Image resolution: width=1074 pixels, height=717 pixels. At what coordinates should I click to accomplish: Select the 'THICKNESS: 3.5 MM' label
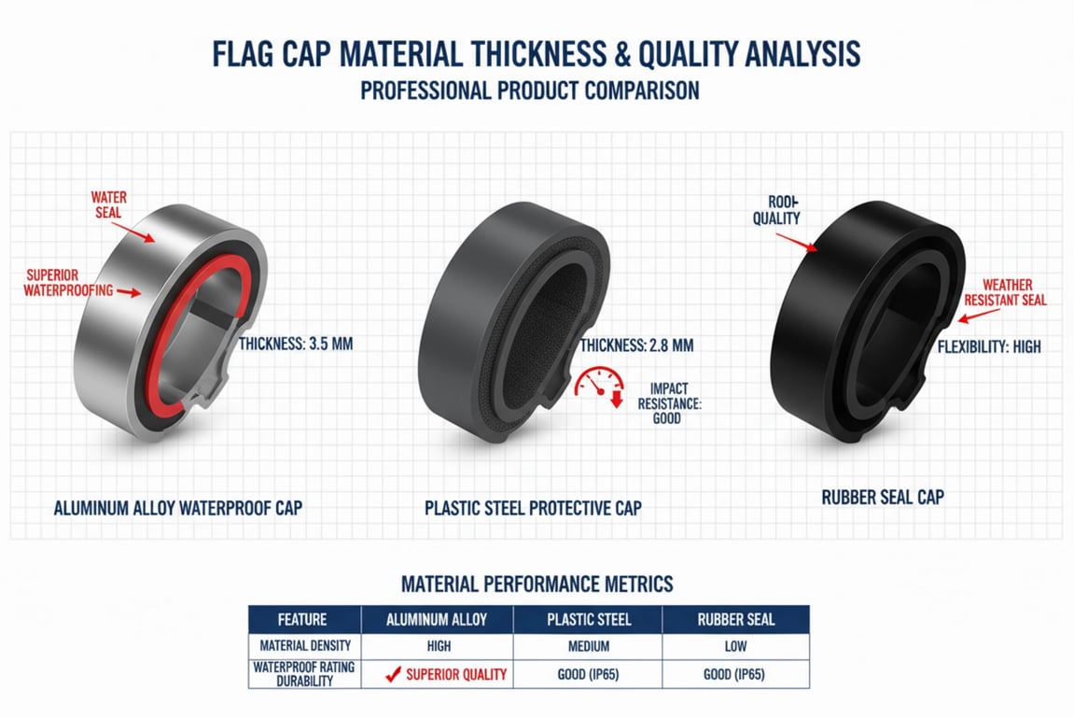297,344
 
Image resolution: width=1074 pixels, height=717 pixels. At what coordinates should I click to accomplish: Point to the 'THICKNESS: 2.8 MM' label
636,345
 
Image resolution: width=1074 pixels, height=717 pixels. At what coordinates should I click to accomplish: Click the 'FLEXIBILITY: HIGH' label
989,347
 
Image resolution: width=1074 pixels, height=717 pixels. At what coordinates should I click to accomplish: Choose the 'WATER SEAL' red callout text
108,205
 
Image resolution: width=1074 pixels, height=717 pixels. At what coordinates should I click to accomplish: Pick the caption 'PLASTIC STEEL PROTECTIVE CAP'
533,509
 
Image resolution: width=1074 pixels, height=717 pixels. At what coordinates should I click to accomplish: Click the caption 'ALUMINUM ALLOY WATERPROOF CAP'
178,509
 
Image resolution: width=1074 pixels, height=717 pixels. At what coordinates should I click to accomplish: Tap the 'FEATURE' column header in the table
302,619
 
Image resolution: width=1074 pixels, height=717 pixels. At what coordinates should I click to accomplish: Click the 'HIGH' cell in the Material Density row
436,646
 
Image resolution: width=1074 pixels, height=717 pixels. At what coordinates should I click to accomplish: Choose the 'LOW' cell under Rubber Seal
735,646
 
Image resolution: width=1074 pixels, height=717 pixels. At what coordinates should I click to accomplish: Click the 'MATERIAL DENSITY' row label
302,646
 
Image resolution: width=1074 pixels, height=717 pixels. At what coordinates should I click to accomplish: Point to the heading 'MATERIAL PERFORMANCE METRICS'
537,584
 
